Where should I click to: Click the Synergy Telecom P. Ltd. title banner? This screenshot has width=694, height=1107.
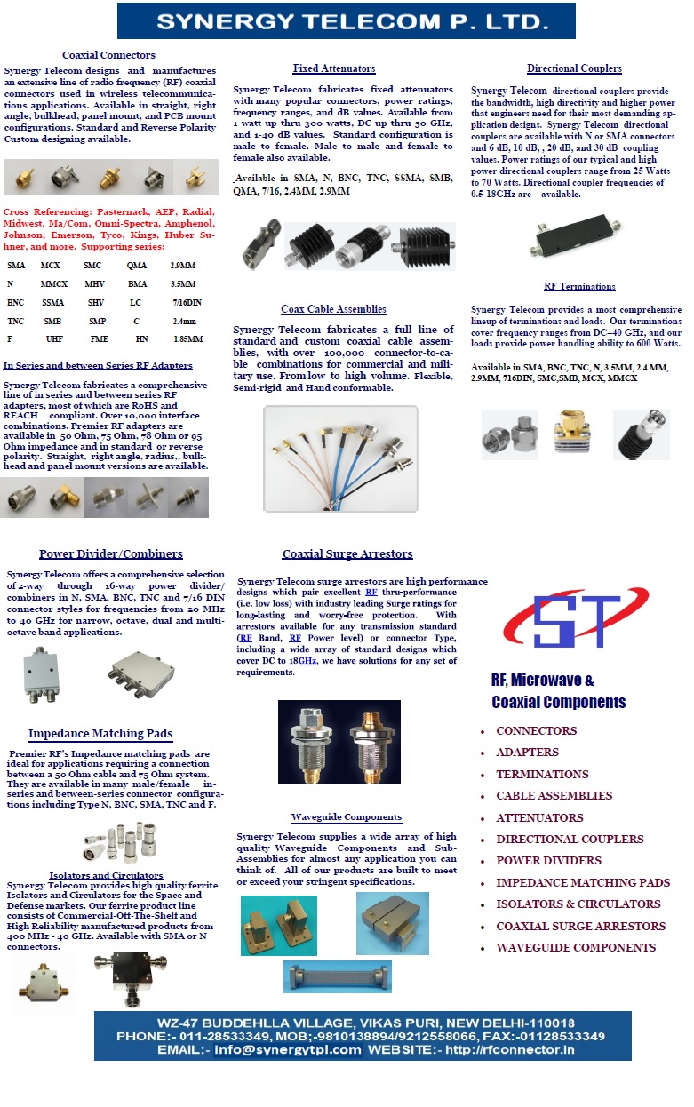coord(346,21)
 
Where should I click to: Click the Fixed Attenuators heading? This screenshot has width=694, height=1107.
coord(334,68)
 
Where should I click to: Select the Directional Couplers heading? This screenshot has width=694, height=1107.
coord(574,68)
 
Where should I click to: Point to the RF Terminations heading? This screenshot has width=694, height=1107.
coord(579,286)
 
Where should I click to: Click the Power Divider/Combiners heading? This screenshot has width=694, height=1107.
coord(111,554)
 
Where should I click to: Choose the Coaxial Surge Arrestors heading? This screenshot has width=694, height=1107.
coord(347,554)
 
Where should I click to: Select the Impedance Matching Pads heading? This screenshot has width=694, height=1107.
coord(100,734)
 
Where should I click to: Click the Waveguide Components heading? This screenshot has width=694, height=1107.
coord(347,816)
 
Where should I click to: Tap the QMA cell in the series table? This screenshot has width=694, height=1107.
coord(137,266)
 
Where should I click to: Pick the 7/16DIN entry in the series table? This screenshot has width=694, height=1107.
coord(187,302)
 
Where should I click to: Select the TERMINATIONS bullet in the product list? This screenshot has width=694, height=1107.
coord(542,775)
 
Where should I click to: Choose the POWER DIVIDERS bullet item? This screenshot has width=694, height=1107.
coord(548,861)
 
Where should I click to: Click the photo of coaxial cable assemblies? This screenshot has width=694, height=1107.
coord(340,458)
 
